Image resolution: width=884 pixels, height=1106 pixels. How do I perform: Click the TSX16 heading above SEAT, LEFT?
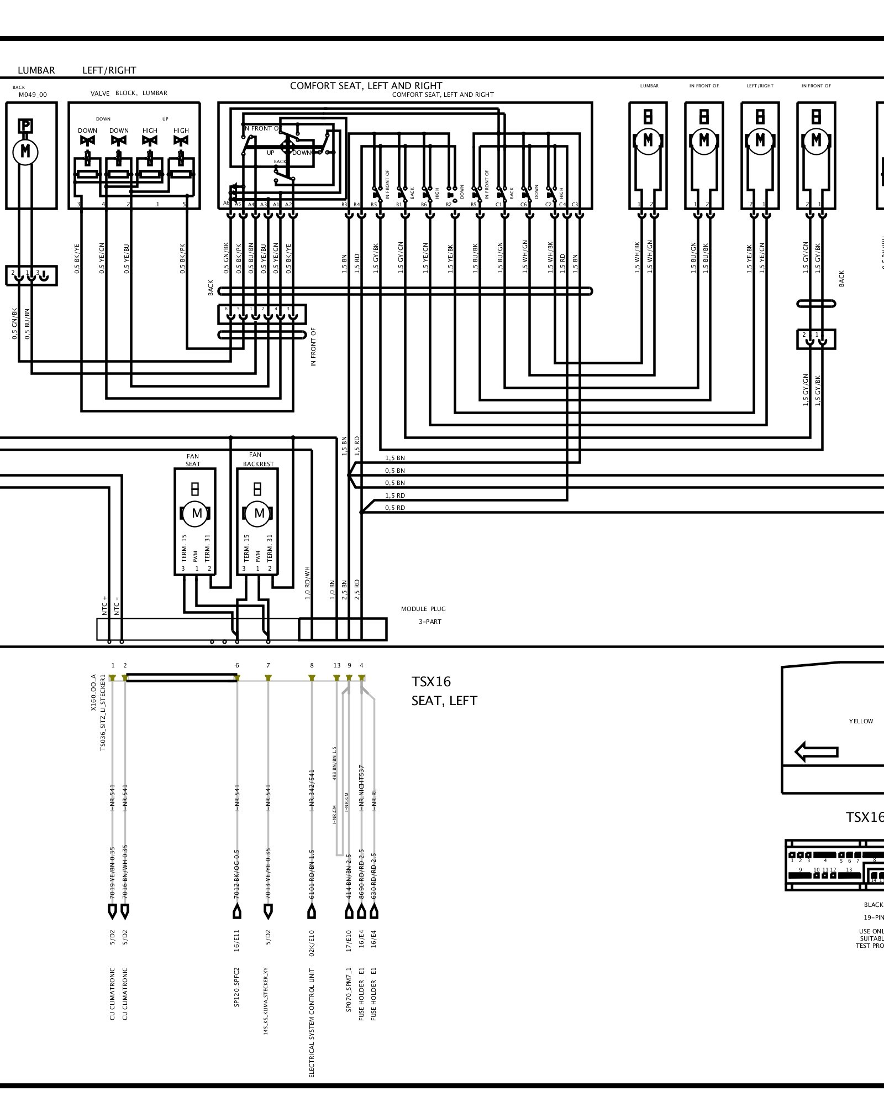pos(431,682)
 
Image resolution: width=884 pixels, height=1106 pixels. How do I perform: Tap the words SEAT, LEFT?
pos(444,701)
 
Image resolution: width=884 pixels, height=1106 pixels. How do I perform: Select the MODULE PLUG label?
pos(423,609)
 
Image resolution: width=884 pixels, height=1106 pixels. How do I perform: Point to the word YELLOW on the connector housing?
pos(861,721)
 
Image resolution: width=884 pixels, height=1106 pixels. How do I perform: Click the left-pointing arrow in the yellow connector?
pos(816,752)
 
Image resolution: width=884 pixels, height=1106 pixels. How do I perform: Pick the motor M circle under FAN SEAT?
pos(197,513)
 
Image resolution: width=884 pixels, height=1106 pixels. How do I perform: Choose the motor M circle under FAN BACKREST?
pos(259,513)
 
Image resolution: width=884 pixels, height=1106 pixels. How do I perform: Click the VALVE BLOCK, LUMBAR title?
pos(129,93)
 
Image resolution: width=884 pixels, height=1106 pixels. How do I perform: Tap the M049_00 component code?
pos(33,95)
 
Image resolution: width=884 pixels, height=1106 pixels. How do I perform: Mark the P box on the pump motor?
pos(25,126)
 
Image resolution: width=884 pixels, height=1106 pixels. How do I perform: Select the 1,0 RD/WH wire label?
pos(307,583)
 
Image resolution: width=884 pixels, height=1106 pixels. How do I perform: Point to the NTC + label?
pos(105,606)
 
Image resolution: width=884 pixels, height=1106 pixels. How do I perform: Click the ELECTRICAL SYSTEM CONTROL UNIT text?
pos(312,1022)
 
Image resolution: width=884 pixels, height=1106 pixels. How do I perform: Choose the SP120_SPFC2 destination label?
pos(237,987)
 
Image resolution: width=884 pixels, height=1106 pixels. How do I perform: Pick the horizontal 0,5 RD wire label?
pos(394,508)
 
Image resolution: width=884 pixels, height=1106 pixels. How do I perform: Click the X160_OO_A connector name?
pos(94,692)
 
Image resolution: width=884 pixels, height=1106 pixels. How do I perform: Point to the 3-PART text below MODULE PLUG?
pos(430,622)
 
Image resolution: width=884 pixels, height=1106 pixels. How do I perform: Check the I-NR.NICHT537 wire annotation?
pos(361,787)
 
